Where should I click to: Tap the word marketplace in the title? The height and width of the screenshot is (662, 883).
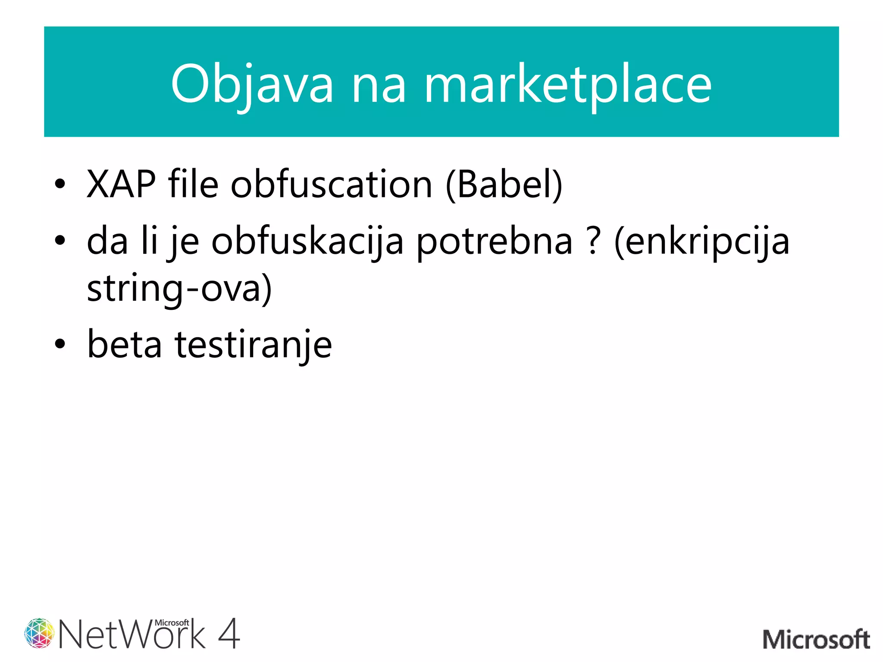(x=567, y=84)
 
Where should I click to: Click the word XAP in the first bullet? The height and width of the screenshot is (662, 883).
(x=121, y=184)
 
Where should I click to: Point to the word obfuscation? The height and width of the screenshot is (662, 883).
(x=331, y=184)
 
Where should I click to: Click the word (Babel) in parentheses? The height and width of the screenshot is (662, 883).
(x=504, y=184)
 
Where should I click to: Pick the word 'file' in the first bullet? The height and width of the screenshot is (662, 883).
(x=193, y=184)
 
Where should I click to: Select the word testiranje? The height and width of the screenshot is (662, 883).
(x=253, y=345)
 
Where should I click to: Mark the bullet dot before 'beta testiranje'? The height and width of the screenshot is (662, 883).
(x=60, y=344)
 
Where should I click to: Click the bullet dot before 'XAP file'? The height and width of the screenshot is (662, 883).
(x=60, y=184)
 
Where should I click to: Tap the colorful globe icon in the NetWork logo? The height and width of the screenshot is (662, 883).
(x=39, y=633)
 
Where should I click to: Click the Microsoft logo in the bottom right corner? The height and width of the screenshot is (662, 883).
(x=816, y=639)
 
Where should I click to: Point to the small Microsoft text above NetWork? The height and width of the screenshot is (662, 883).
(x=172, y=622)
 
